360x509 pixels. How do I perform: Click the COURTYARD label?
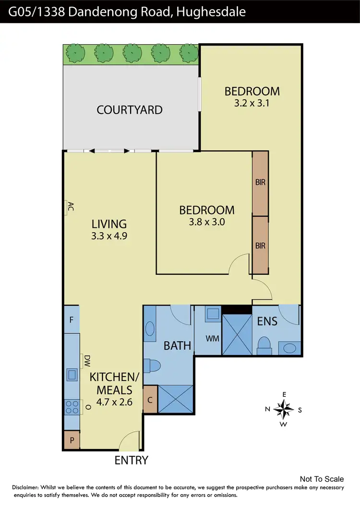pos(130,110)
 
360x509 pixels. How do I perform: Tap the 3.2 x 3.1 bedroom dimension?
pos(252,103)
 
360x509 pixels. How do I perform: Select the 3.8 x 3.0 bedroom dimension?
pos(207,222)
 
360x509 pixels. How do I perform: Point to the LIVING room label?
pos(109,224)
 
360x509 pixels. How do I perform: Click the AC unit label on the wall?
pos(70,207)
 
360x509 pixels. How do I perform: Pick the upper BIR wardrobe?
pos(261,183)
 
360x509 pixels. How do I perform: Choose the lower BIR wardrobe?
pos(261,246)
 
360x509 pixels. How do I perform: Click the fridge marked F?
pos(71,319)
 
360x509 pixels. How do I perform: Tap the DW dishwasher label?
pos(87,359)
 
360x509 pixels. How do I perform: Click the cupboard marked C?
pos(150,399)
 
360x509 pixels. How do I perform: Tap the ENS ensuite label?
pos(267,321)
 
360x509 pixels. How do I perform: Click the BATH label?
pos(178,345)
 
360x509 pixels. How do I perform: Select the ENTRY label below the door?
pos(131,461)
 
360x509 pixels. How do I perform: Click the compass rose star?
pos(286,409)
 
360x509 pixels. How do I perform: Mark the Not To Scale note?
pos(322,479)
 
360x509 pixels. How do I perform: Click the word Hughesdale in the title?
pos(211,12)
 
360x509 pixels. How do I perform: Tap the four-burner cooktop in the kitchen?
pos(72,407)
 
